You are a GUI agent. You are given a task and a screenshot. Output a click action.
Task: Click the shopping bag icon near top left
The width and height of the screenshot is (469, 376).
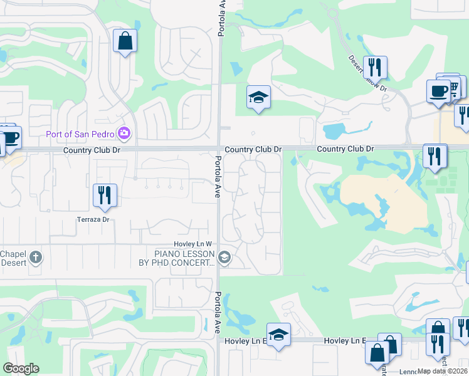coord(125,41)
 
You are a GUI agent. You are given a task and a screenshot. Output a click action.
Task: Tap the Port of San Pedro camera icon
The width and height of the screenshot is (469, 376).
coord(125,133)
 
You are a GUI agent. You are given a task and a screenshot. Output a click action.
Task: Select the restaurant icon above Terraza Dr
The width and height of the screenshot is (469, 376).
coord(105,194)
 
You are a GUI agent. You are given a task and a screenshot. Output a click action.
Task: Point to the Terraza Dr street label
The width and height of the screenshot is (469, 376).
coord(93,220)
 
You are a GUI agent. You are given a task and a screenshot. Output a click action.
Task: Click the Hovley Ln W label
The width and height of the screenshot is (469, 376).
coord(193,244)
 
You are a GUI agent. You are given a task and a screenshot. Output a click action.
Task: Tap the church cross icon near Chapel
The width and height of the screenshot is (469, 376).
coord(36,257)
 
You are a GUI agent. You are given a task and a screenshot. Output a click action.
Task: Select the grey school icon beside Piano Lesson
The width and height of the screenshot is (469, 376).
coord(224,257)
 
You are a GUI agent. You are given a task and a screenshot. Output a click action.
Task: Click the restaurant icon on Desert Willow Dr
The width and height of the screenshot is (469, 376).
coord(375,66)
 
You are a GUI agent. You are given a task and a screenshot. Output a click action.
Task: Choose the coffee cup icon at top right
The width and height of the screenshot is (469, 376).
coord(438,90)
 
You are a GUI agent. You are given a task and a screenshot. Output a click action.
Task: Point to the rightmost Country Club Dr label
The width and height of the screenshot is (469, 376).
coord(345,149)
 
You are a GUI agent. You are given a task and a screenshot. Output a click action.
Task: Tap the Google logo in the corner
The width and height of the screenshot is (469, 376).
coord(21,368)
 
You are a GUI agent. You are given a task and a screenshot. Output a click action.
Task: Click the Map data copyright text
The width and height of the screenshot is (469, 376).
coord(441,371)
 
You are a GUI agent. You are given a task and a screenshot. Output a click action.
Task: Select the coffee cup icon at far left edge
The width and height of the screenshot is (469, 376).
coord(10,136)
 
